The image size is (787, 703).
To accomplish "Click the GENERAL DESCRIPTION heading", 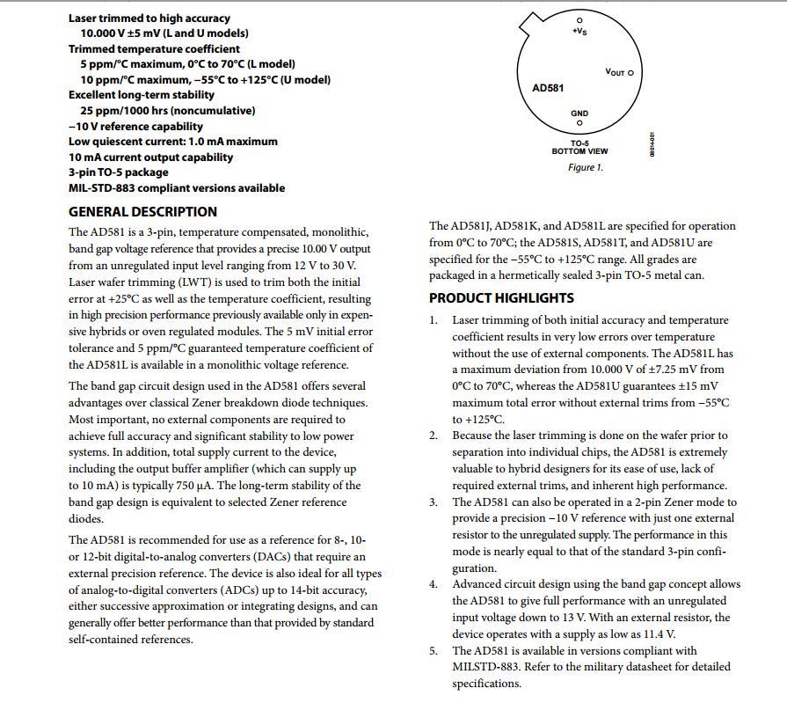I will coord(142,212).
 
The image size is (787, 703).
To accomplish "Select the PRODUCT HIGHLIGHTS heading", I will coord(501,298).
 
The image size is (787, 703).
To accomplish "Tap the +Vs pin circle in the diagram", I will coord(579,19).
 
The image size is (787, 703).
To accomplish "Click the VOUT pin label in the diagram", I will coord(616,73).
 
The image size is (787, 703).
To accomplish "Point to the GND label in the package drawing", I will coord(579,114).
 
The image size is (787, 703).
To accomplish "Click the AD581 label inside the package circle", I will coord(549,88).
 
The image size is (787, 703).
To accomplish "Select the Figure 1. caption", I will coord(585,167).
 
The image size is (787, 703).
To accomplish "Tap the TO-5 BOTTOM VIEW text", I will coord(579,148).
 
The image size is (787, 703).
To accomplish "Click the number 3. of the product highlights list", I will coord(434,502).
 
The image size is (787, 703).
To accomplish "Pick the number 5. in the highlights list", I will coord(434,651).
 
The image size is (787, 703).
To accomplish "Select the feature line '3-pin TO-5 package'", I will coord(118,172).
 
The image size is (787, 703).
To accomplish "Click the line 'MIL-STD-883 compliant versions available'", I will coord(177,188).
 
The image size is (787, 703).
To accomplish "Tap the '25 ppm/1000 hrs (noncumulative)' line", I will coord(168,111).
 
